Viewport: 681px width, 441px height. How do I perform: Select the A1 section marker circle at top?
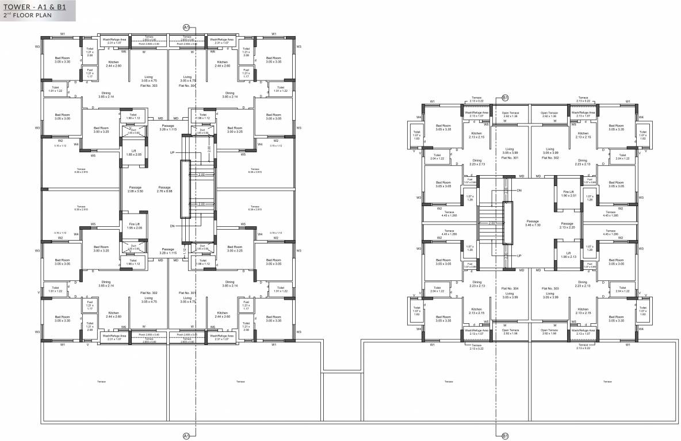click(x=186, y=27)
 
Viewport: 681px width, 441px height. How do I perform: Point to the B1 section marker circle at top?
click(x=505, y=98)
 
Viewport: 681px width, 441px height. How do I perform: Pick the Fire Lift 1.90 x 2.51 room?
click(x=567, y=194)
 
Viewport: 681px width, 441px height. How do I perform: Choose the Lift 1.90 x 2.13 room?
click(x=567, y=254)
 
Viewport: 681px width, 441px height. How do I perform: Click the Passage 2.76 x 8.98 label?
click(x=164, y=189)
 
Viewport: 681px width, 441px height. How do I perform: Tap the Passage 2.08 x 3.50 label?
click(x=136, y=189)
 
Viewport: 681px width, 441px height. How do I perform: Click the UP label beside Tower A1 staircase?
click(x=171, y=153)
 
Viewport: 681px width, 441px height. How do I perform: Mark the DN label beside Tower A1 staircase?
click(x=171, y=226)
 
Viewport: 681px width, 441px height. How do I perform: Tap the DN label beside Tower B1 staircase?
click(x=519, y=189)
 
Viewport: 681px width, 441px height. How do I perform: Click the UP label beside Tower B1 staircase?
click(x=519, y=256)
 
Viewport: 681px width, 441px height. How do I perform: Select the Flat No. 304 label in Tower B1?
click(x=510, y=288)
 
